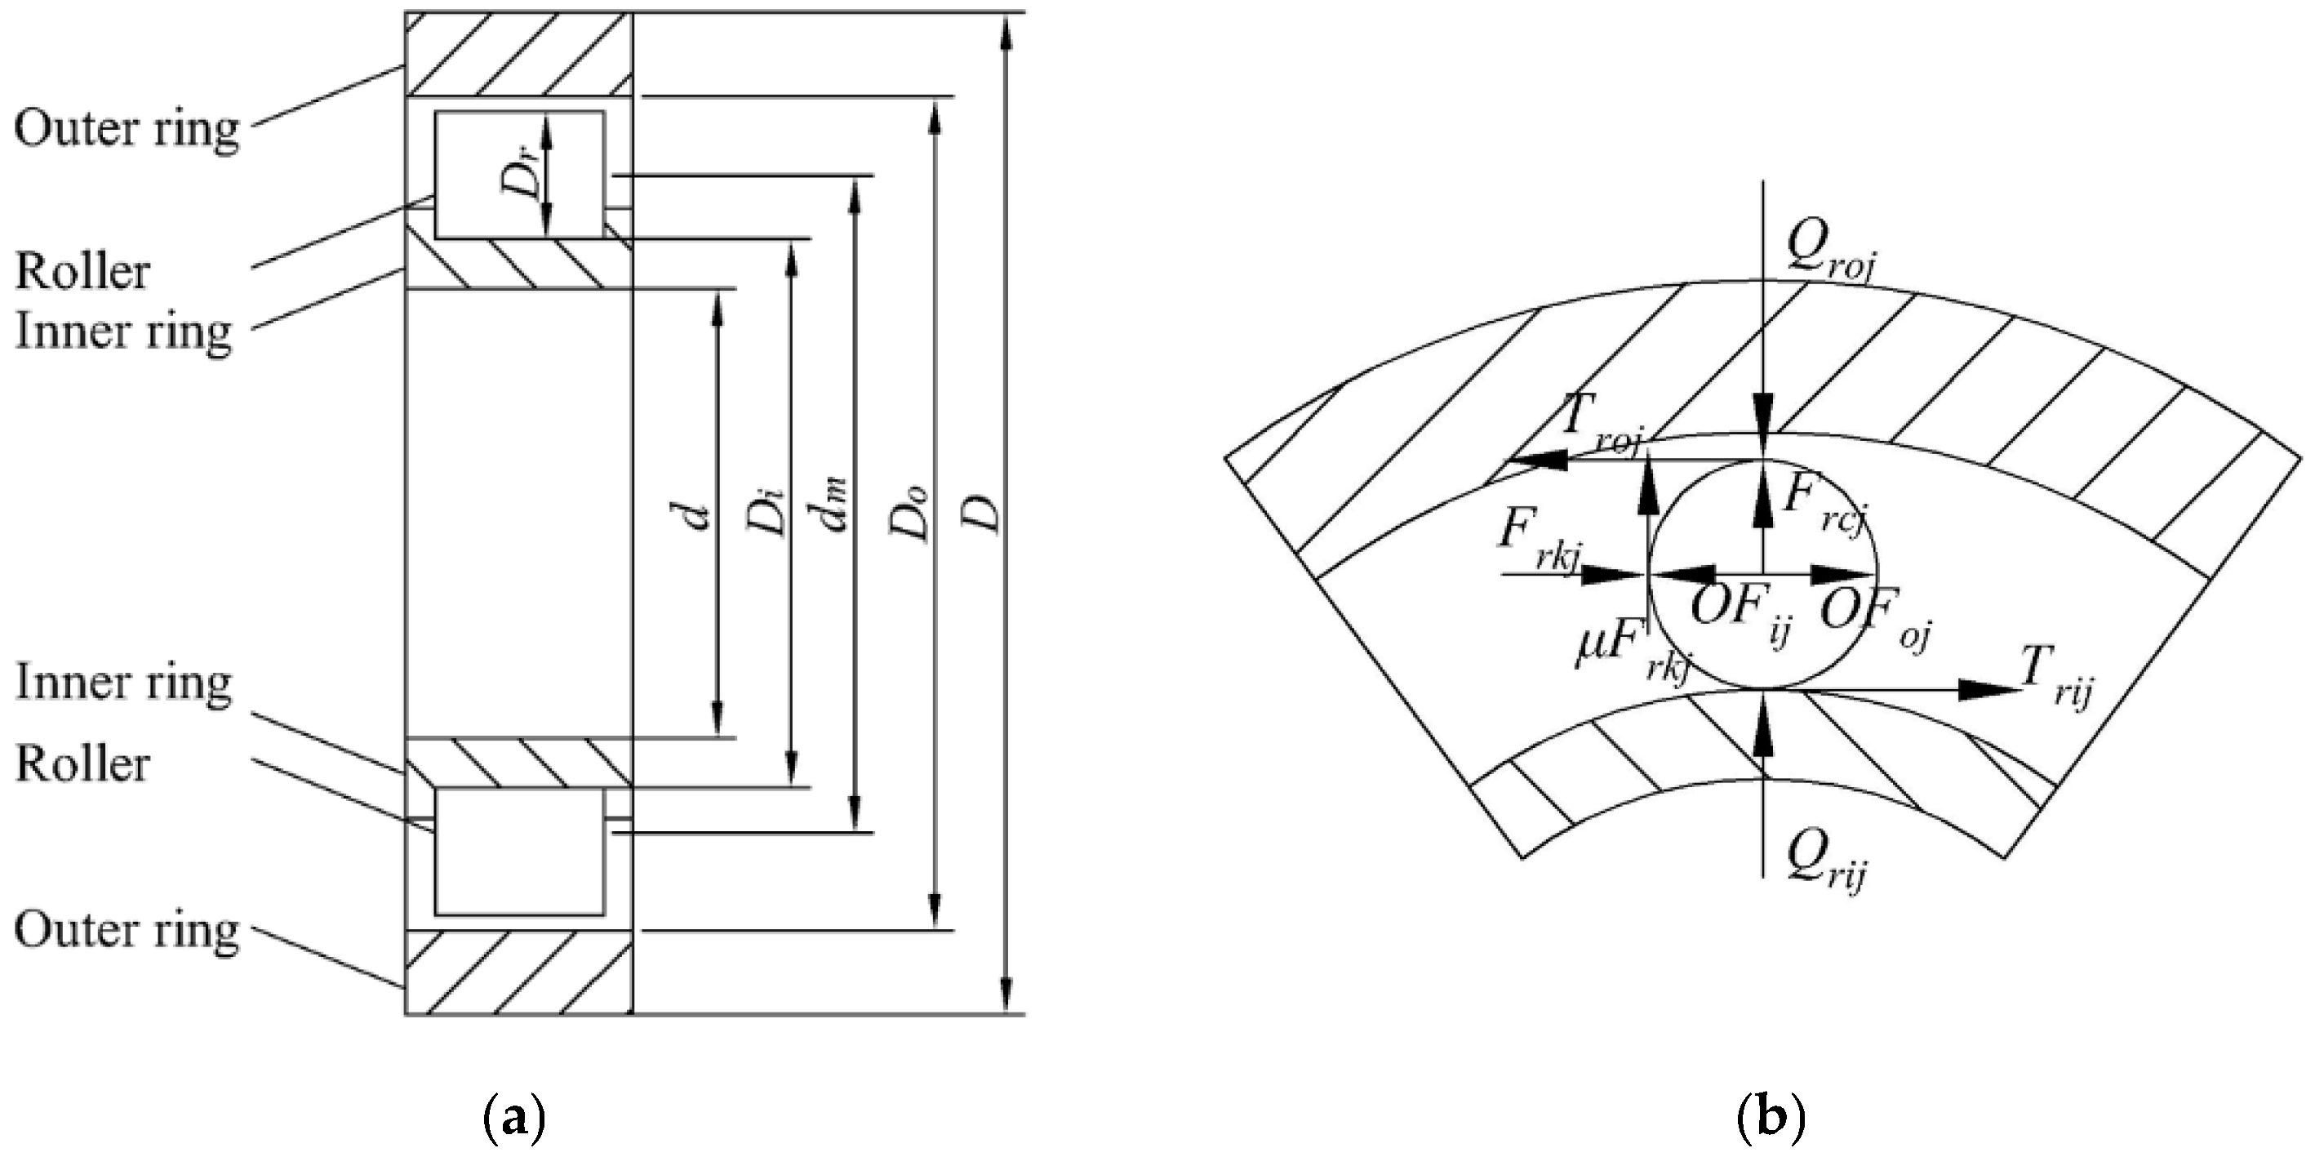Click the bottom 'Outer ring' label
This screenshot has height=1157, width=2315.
(127, 931)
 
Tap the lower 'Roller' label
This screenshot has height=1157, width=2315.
(82, 764)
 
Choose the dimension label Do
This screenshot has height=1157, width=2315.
(909, 514)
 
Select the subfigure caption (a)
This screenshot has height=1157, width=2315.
(514, 1119)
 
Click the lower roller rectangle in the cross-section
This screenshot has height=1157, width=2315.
(519, 852)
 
